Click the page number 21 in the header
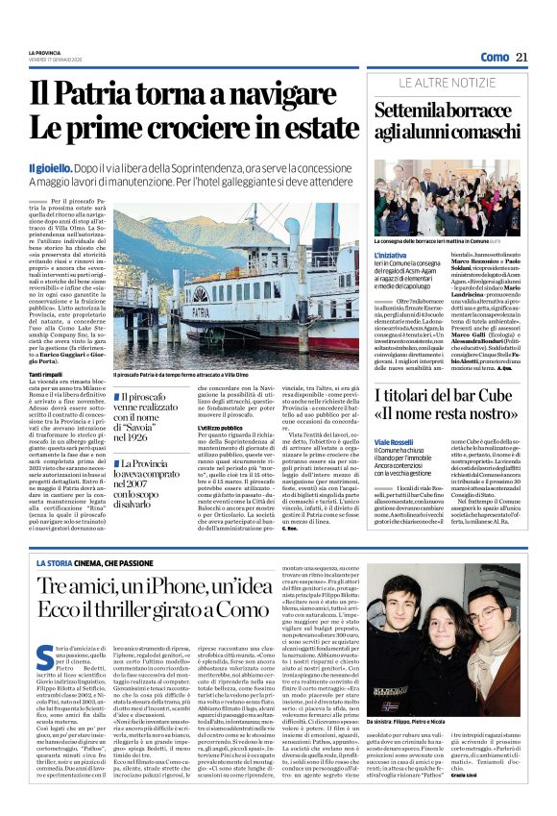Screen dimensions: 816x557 (x=521, y=58)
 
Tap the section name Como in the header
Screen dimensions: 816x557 (x=495, y=58)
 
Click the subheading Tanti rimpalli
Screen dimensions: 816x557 (x=46, y=372)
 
